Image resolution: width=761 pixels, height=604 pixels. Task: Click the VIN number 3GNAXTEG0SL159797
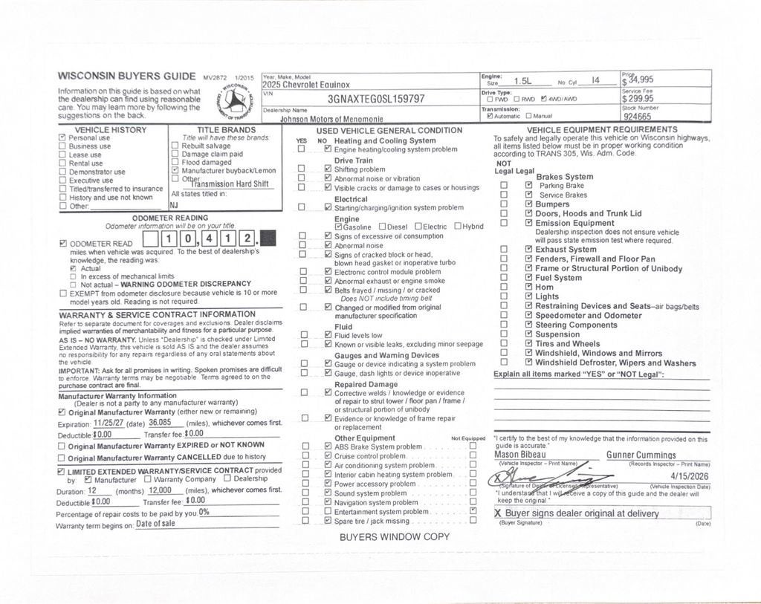(376, 99)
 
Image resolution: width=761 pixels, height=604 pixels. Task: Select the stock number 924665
(637, 117)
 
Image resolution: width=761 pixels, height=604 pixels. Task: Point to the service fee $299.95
(638, 98)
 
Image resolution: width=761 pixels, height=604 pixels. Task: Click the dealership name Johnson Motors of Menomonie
(331, 118)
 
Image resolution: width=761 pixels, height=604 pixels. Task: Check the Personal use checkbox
(62, 137)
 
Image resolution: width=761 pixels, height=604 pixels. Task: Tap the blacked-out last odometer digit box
(268, 238)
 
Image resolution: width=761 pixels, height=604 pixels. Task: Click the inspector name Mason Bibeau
(519, 455)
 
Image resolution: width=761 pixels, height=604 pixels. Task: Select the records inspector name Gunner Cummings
(641, 455)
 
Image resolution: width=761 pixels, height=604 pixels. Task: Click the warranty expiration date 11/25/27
(108, 423)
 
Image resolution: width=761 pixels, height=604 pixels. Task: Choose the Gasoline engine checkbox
(339, 227)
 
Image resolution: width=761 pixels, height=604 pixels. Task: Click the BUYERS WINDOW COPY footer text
(395, 537)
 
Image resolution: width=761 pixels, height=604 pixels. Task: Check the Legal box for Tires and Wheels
(528, 344)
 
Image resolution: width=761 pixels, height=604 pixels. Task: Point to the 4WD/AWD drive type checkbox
(544, 99)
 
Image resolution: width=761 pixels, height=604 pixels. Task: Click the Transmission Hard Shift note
(229, 184)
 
